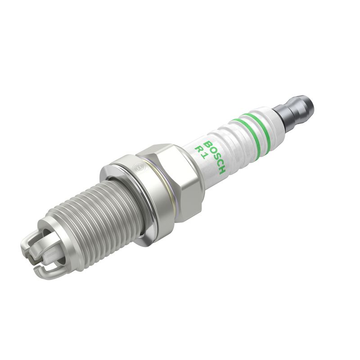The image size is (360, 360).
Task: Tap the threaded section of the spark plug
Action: coord(90,211)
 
